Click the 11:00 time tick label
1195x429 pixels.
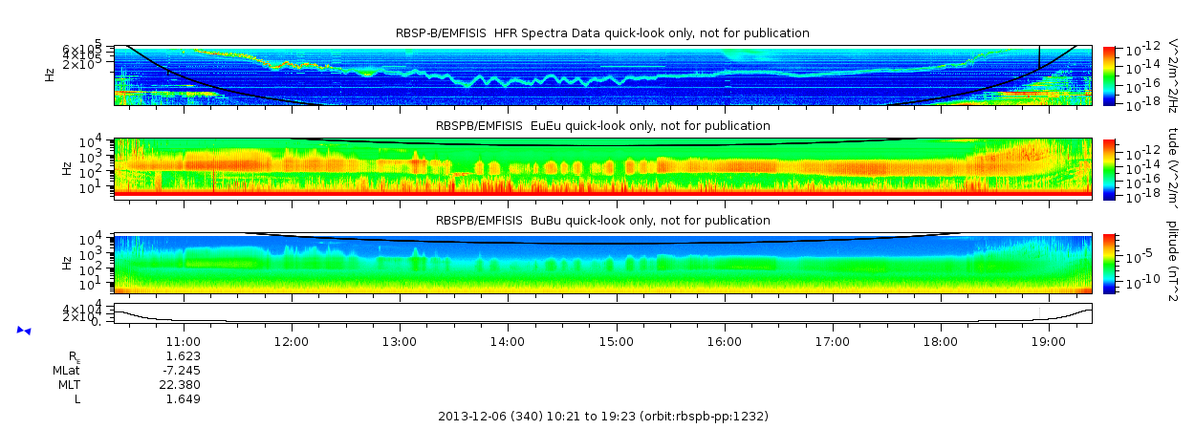coord(183,341)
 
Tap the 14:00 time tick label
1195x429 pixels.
coord(507,341)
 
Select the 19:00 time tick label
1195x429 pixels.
coord(1049,341)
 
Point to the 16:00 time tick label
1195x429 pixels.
coord(724,341)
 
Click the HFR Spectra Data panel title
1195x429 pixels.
coord(602,33)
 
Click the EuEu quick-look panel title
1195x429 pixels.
coord(602,126)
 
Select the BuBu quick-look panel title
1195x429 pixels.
coord(602,221)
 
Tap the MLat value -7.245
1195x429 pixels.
coord(182,370)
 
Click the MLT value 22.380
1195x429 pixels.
coord(182,384)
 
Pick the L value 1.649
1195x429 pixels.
coord(184,398)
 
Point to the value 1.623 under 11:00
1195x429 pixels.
coord(184,355)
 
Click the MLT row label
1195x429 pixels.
coord(66,384)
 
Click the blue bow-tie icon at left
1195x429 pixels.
coord(24,331)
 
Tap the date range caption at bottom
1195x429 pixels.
coord(602,417)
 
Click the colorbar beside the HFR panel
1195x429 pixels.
coord(1109,75)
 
